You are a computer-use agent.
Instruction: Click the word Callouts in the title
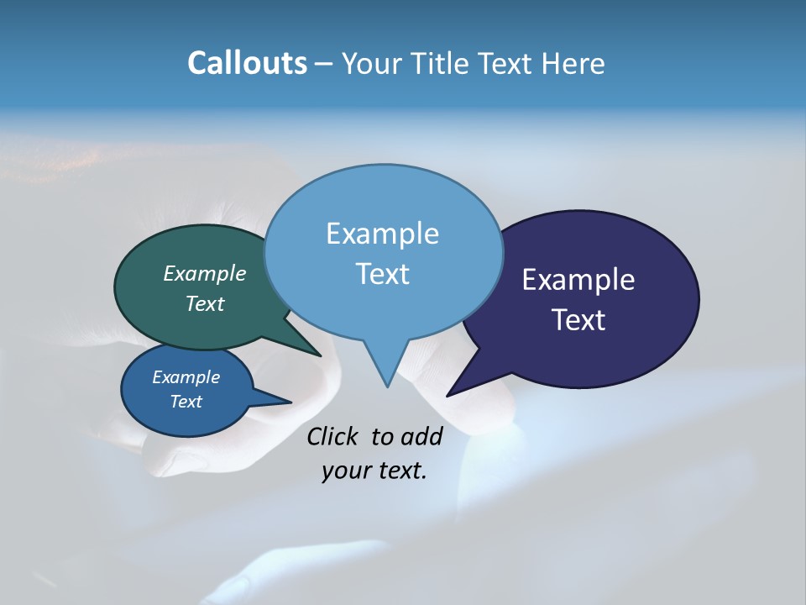[247, 63]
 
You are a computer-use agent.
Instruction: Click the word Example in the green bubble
[205, 273]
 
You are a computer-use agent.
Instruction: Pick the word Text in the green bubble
[205, 303]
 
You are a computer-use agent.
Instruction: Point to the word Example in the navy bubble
[578, 279]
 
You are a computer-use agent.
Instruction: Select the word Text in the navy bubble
[579, 319]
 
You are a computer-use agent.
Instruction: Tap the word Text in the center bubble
[382, 273]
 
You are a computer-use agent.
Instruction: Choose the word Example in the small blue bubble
[186, 377]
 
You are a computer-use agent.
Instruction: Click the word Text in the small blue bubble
[186, 402]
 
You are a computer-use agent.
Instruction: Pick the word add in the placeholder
[421, 436]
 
